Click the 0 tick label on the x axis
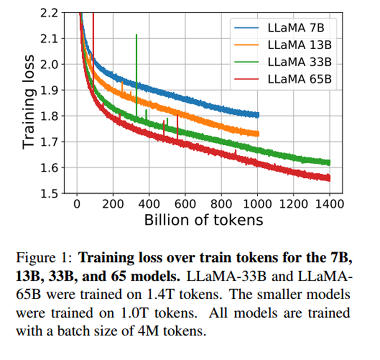click(77, 204)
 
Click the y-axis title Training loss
click(29, 102)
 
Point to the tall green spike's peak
click(136, 34)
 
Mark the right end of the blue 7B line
click(258, 115)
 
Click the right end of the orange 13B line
click(258, 134)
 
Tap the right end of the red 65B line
click(329, 178)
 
